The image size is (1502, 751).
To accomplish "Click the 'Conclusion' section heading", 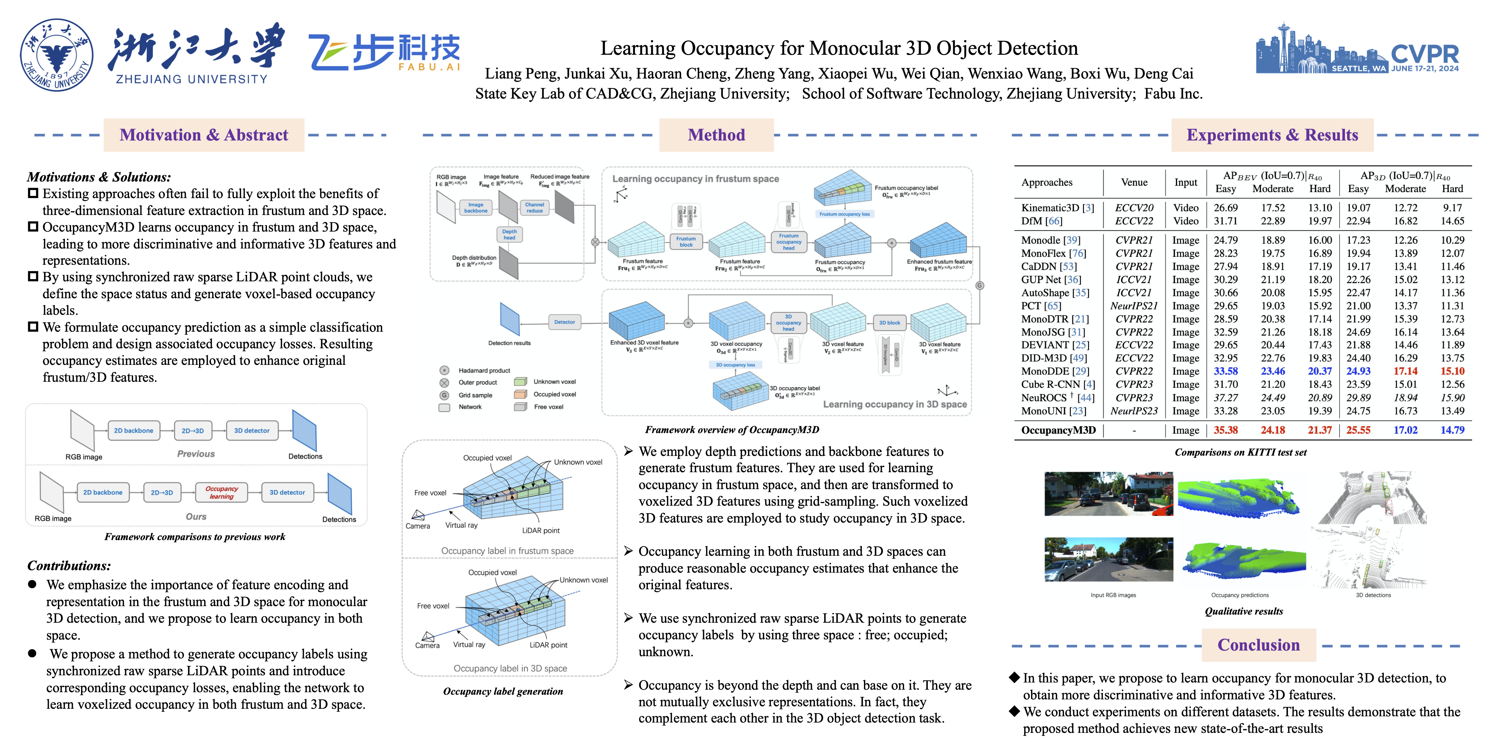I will (x=1258, y=645).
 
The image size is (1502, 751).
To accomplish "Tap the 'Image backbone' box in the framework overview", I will (x=476, y=207).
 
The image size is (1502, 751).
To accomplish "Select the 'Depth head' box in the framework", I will (x=509, y=234).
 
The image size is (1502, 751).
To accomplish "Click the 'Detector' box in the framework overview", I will (x=565, y=322).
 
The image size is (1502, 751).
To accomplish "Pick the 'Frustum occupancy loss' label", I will (x=844, y=214).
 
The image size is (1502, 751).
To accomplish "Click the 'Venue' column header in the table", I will (x=1134, y=182).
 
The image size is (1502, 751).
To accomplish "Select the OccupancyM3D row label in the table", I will (x=1058, y=430).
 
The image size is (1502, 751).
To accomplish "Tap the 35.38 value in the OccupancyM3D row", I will (x=1226, y=430).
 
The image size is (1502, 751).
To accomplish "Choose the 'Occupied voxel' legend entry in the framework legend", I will (x=554, y=394).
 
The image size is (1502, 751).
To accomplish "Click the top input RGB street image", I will (x=1108, y=494).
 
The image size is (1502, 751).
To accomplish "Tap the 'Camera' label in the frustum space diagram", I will (x=417, y=526).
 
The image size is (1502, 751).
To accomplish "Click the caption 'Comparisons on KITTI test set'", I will (x=1240, y=452).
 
